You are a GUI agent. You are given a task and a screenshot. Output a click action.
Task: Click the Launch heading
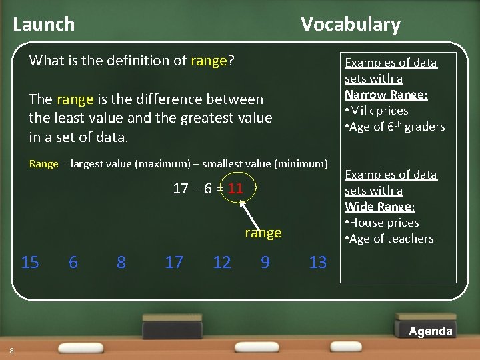(44, 25)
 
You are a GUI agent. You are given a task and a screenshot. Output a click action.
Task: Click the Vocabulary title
(350, 25)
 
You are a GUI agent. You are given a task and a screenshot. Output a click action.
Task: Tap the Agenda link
(430, 331)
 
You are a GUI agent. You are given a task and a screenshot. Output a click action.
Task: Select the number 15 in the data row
(30, 262)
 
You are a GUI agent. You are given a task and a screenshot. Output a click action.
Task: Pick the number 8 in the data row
(121, 262)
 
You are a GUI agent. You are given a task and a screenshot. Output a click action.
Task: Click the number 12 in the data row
(222, 262)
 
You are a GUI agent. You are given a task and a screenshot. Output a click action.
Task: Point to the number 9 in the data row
(265, 262)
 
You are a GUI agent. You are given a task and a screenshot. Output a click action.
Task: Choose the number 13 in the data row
(318, 262)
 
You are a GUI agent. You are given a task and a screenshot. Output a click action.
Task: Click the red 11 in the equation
(235, 188)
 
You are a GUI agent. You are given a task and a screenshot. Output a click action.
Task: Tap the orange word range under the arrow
(263, 233)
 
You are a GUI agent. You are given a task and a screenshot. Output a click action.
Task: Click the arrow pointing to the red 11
(251, 211)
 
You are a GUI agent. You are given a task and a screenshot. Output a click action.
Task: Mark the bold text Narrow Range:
(386, 95)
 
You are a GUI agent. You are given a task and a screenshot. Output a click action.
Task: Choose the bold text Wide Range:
(379, 207)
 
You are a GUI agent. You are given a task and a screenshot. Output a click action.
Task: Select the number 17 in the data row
(174, 262)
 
